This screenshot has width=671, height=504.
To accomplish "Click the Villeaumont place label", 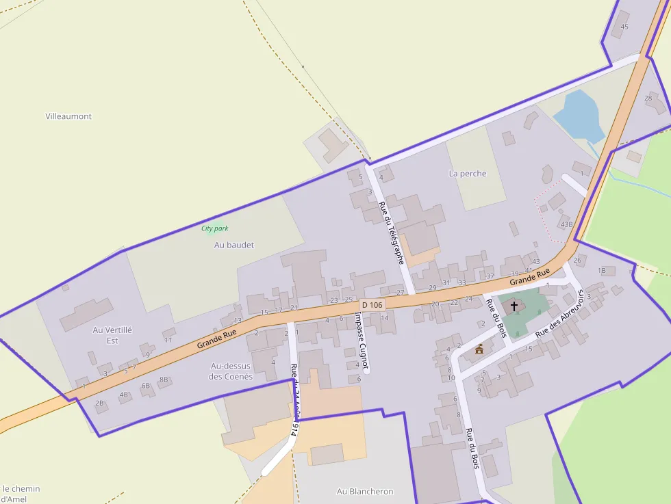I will [68, 116].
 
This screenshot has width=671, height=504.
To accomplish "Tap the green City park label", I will [215, 228].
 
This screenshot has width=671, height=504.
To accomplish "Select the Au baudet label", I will [234, 245].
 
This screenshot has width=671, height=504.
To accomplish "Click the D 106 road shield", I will [372, 304].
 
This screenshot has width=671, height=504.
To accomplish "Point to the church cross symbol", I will [514, 306].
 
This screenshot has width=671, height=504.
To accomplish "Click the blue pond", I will [579, 114].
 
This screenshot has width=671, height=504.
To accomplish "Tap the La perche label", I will [468, 174].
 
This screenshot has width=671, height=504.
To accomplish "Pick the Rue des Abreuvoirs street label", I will [559, 313].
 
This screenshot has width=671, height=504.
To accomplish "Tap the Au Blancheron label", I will [365, 491].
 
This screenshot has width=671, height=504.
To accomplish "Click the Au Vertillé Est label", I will [112, 335].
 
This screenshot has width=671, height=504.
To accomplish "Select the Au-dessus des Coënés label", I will [231, 371].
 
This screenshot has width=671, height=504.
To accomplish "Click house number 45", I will [624, 27].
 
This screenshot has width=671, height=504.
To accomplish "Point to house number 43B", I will [566, 224].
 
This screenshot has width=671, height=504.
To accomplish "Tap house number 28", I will [648, 98].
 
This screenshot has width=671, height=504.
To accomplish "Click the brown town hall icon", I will [479, 349].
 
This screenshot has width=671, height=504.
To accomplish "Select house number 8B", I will [164, 380].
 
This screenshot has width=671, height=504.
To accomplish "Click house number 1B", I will [602, 270].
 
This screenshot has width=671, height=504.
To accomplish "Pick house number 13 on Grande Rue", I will [238, 320].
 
